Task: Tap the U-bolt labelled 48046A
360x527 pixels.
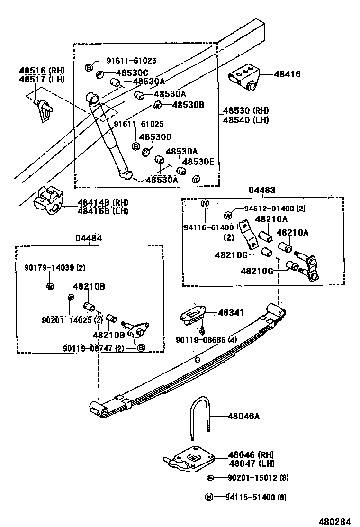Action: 199,415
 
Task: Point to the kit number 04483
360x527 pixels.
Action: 262,190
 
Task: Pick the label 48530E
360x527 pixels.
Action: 198,162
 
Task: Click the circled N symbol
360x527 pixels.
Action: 205,204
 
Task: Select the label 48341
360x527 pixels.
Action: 231,313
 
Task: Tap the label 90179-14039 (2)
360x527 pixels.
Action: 55,268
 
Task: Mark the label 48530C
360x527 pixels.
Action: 132,73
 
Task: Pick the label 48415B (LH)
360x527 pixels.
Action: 103,211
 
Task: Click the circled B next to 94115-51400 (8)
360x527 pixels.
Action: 208,497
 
